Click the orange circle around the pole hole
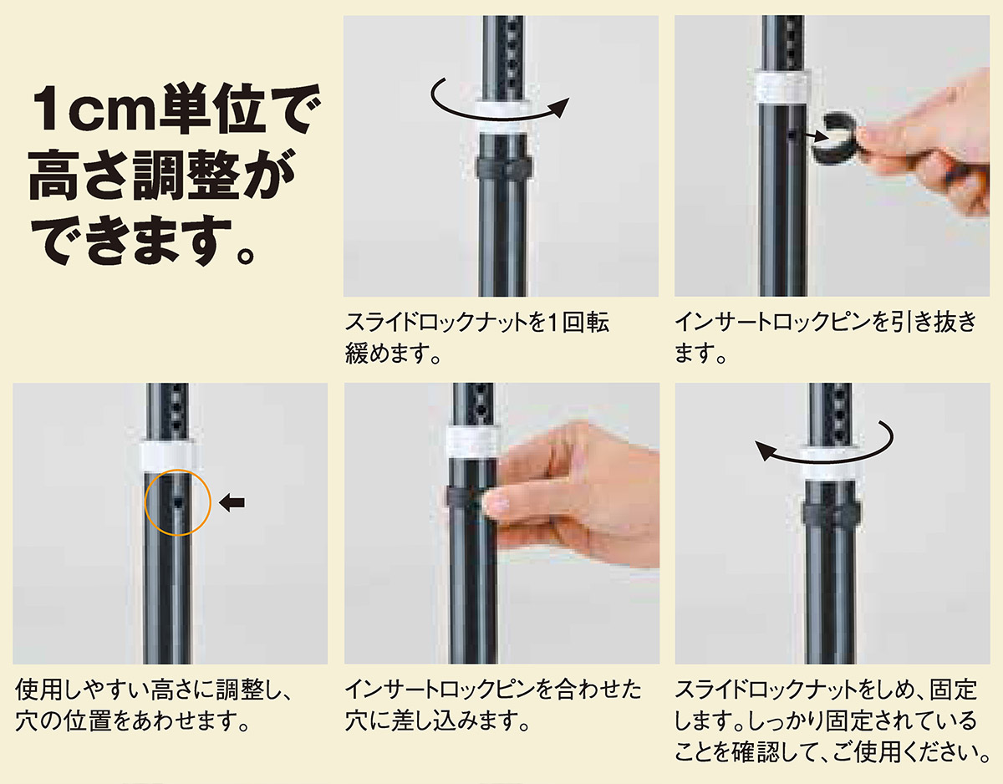pos(145,503)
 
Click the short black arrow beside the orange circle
pos(232,502)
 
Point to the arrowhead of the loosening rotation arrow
pos(560,108)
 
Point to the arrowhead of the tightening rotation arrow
pos(766,451)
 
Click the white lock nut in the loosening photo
pos(501,116)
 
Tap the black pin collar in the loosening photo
pos(503,170)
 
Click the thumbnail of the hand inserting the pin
pos(501,523)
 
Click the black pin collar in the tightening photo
pos(831,512)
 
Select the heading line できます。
pos(143,242)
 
